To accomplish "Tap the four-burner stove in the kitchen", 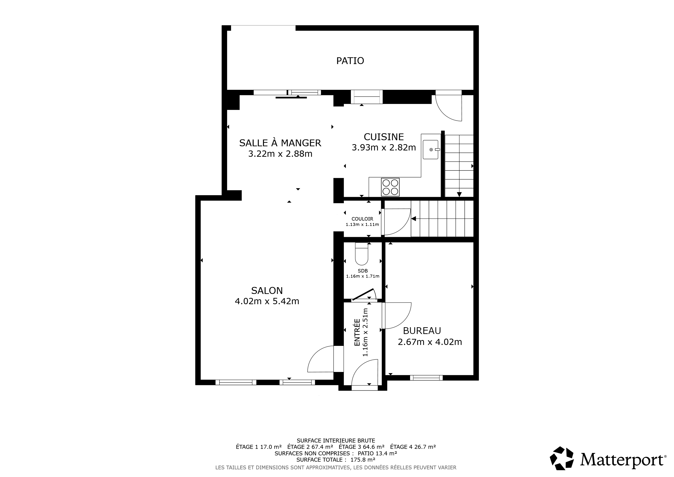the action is [x=390, y=187].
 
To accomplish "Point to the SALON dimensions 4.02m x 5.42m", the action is [x=267, y=301].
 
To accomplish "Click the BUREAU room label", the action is [x=422, y=331].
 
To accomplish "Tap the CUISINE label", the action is [x=384, y=137].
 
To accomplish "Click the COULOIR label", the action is [x=362, y=219].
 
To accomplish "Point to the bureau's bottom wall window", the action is [x=426, y=378].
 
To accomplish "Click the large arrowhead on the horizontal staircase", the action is [x=414, y=219].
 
